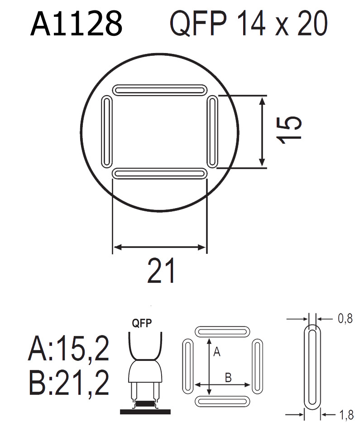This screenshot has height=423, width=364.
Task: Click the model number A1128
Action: [76, 24]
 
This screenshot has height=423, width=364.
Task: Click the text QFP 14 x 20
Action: [248, 24]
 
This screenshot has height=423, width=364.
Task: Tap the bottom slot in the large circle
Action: [159, 174]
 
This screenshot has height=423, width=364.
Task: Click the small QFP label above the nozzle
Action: [141, 324]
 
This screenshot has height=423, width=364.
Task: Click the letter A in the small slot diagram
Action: [216, 352]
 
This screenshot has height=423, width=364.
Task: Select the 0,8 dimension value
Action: [345, 319]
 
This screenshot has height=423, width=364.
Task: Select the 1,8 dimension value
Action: [345, 413]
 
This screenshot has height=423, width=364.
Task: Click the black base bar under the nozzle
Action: [144, 411]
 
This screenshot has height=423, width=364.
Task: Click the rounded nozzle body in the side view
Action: [144, 372]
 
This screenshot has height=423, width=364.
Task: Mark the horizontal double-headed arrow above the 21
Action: [159, 247]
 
